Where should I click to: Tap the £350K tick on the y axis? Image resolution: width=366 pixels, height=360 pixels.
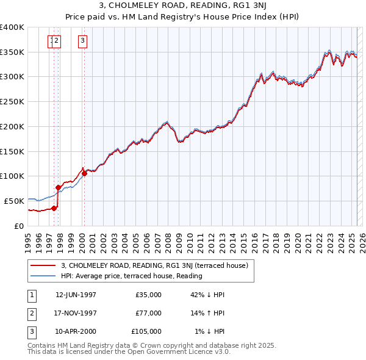coord(12,52)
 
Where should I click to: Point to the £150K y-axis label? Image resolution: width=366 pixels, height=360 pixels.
coord(12,151)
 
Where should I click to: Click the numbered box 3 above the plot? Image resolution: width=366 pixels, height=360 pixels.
coord(82,41)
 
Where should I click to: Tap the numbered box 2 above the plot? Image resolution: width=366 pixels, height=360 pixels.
coord(57,41)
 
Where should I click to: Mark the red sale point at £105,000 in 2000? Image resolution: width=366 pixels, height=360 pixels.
coord(85,173)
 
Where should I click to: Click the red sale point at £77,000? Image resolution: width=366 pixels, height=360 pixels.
coord(59,187)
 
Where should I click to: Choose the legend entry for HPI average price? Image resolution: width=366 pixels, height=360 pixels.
coord(131,276)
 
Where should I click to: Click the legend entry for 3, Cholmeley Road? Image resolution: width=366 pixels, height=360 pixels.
coord(154,265)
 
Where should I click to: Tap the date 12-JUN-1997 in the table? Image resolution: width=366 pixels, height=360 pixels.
coord(76,294)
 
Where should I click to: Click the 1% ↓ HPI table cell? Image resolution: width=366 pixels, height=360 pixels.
coord(209,332)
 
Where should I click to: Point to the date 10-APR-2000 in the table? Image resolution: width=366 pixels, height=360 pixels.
coord(76,332)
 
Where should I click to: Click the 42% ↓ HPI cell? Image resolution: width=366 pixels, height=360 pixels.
coord(207,294)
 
